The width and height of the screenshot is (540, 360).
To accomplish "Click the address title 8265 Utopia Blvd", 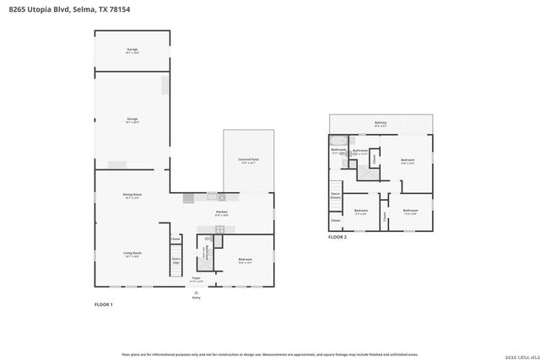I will (x=64, y=8).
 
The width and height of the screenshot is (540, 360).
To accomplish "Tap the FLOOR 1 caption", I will (x=103, y=304).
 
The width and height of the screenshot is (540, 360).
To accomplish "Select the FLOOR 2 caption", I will (x=337, y=238).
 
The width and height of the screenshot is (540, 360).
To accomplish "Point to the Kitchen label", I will (x=222, y=212).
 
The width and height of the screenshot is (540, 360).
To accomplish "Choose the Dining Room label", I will (x=132, y=195).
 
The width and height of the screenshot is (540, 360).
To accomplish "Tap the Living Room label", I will (x=132, y=253).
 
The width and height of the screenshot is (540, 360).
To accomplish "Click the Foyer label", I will (x=196, y=277).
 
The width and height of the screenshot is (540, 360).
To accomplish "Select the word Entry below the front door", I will (x=197, y=297).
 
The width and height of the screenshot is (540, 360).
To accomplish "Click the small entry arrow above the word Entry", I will (x=197, y=291).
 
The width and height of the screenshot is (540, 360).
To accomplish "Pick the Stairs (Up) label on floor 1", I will (x=176, y=261).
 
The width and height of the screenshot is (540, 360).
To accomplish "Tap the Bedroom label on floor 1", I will (x=246, y=259).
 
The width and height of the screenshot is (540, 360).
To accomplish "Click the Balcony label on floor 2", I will (x=381, y=123).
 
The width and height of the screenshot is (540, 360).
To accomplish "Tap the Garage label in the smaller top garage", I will (x=132, y=50).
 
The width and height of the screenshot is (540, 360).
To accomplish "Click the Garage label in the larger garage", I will (x=132, y=119).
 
